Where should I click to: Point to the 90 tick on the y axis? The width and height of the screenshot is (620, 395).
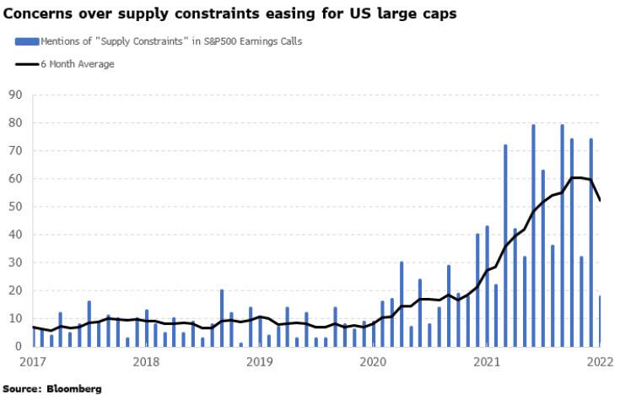(x=14, y=95)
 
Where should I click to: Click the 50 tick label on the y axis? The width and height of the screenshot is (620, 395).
(x=14, y=207)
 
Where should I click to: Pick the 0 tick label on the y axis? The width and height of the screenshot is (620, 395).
(x=18, y=346)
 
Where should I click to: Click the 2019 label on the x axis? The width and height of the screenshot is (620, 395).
(x=260, y=363)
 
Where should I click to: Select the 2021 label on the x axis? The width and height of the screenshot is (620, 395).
(x=486, y=363)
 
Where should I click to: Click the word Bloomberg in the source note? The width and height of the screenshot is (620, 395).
(x=73, y=389)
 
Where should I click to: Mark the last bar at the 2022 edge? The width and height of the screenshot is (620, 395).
(x=599, y=321)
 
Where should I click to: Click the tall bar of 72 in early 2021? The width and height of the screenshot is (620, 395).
(x=505, y=246)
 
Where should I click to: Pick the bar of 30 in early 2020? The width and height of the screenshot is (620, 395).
(x=402, y=304)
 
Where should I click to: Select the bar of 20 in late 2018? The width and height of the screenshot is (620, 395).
(x=222, y=318)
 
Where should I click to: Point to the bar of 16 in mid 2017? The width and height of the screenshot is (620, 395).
(x=89, y=323)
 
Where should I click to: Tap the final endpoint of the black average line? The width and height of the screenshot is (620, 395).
(x=599, y=200)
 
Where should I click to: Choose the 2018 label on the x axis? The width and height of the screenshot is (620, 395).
(x=147, y=363)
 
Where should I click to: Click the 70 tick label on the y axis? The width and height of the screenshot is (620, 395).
(x=14, y=151)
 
